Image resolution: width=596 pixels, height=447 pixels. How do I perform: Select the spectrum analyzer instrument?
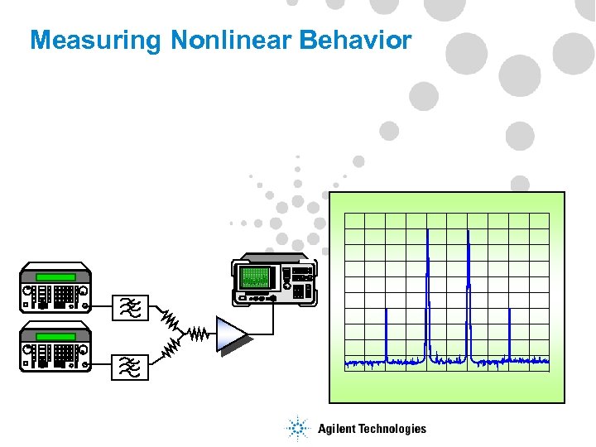click(x=274, y=278)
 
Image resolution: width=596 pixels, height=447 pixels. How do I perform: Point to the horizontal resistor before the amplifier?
click(x=196, y=334)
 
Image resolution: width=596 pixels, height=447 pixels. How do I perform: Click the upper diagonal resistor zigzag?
click(x=170, y=319)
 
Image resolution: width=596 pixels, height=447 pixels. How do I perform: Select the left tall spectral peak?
click(x=427, y=290)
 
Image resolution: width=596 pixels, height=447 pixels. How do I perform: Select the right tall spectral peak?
click(x=468, y=290)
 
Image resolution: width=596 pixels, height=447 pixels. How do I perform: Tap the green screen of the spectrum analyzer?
click(x=256, y=276)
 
